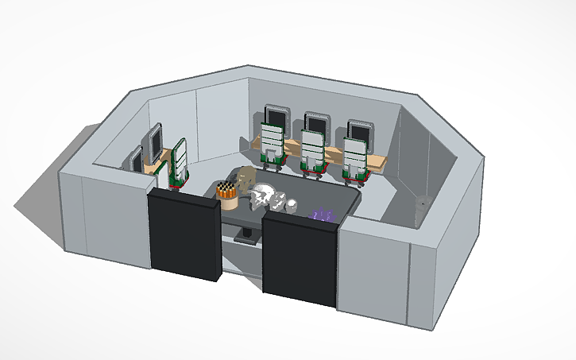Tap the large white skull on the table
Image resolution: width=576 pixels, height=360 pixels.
(264, 196)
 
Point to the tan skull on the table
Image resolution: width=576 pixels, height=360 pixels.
(244, 180)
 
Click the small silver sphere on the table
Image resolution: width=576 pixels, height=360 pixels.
(292, 205)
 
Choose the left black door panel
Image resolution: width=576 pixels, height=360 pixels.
(184, 234)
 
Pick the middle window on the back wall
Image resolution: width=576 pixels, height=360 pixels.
(316, 123)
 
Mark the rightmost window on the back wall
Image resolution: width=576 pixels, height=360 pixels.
(361, 130)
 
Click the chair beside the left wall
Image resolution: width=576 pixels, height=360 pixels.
(177, 163)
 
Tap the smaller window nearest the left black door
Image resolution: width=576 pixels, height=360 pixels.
(137, 158)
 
